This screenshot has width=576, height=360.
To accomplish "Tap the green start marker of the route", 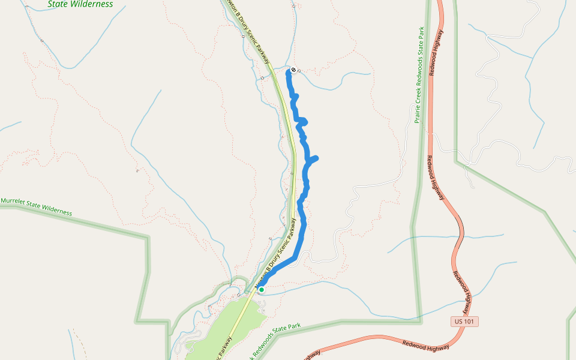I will click(x=262, y=290).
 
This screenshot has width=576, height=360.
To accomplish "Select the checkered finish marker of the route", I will click(x=293, y=70).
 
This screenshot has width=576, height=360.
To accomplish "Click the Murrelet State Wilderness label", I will click(x=36, y=206).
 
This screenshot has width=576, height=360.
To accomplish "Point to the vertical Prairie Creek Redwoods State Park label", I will click(x=420, y=74).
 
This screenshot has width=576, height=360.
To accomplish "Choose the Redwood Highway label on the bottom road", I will click(x=426, y=345).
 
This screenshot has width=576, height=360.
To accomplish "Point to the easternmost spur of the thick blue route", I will click(x=315, y=158).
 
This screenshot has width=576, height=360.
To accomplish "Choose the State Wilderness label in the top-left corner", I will click(x=80, y=4).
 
